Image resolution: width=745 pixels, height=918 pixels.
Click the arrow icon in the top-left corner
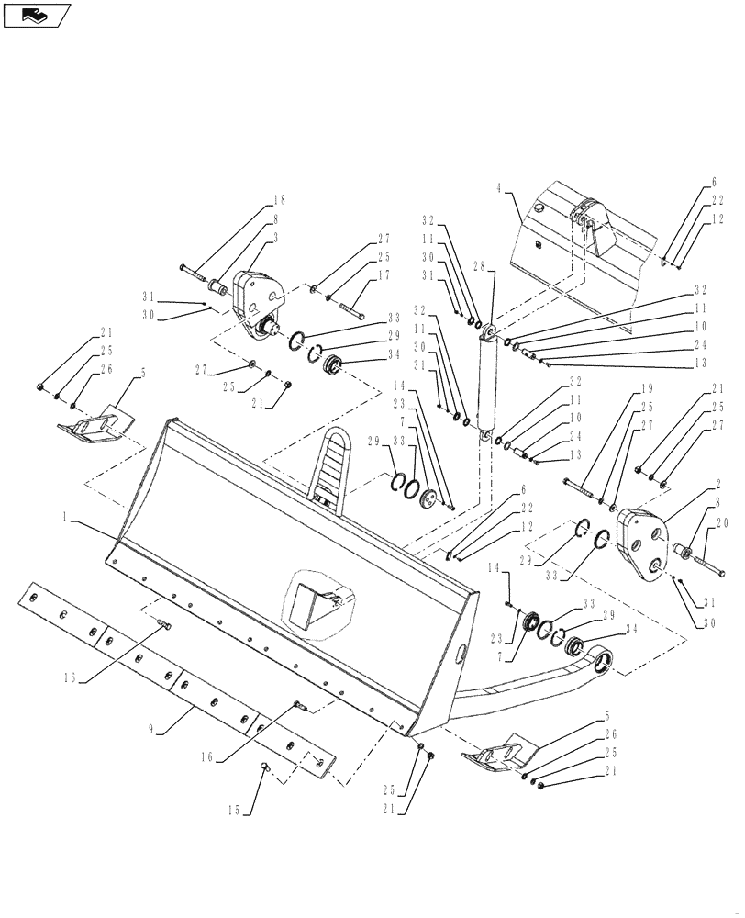36,15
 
